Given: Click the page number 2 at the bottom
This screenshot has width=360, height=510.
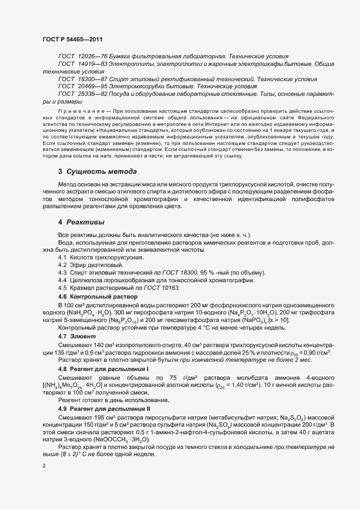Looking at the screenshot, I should [x=44, y=466].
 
